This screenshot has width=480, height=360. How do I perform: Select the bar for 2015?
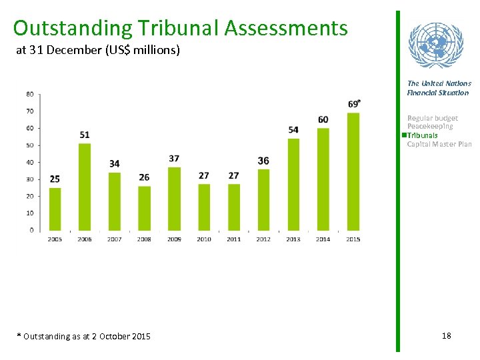click(353, 171)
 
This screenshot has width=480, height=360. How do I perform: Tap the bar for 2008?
click(144, 208)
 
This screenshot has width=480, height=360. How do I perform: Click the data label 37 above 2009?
click(174, 159)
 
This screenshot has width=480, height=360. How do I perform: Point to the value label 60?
click(323, 119)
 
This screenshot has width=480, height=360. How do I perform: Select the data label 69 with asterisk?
click(354, 103)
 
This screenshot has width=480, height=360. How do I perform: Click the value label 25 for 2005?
click(55, 179)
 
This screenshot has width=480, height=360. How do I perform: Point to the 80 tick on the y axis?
click(31, 94)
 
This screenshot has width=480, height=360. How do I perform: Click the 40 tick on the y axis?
click(31, 162)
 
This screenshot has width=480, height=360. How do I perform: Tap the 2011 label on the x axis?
click(233, 239)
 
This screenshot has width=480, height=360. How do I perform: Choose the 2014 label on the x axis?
click(323, 239)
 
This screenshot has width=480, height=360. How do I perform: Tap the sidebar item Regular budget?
click(433, 118)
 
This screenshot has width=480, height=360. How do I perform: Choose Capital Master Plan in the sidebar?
click(439, 144)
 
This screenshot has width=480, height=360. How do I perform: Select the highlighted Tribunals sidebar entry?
click(423, 135)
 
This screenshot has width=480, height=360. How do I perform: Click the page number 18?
click(446, 336)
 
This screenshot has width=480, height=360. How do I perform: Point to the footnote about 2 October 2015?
click(83, 337)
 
